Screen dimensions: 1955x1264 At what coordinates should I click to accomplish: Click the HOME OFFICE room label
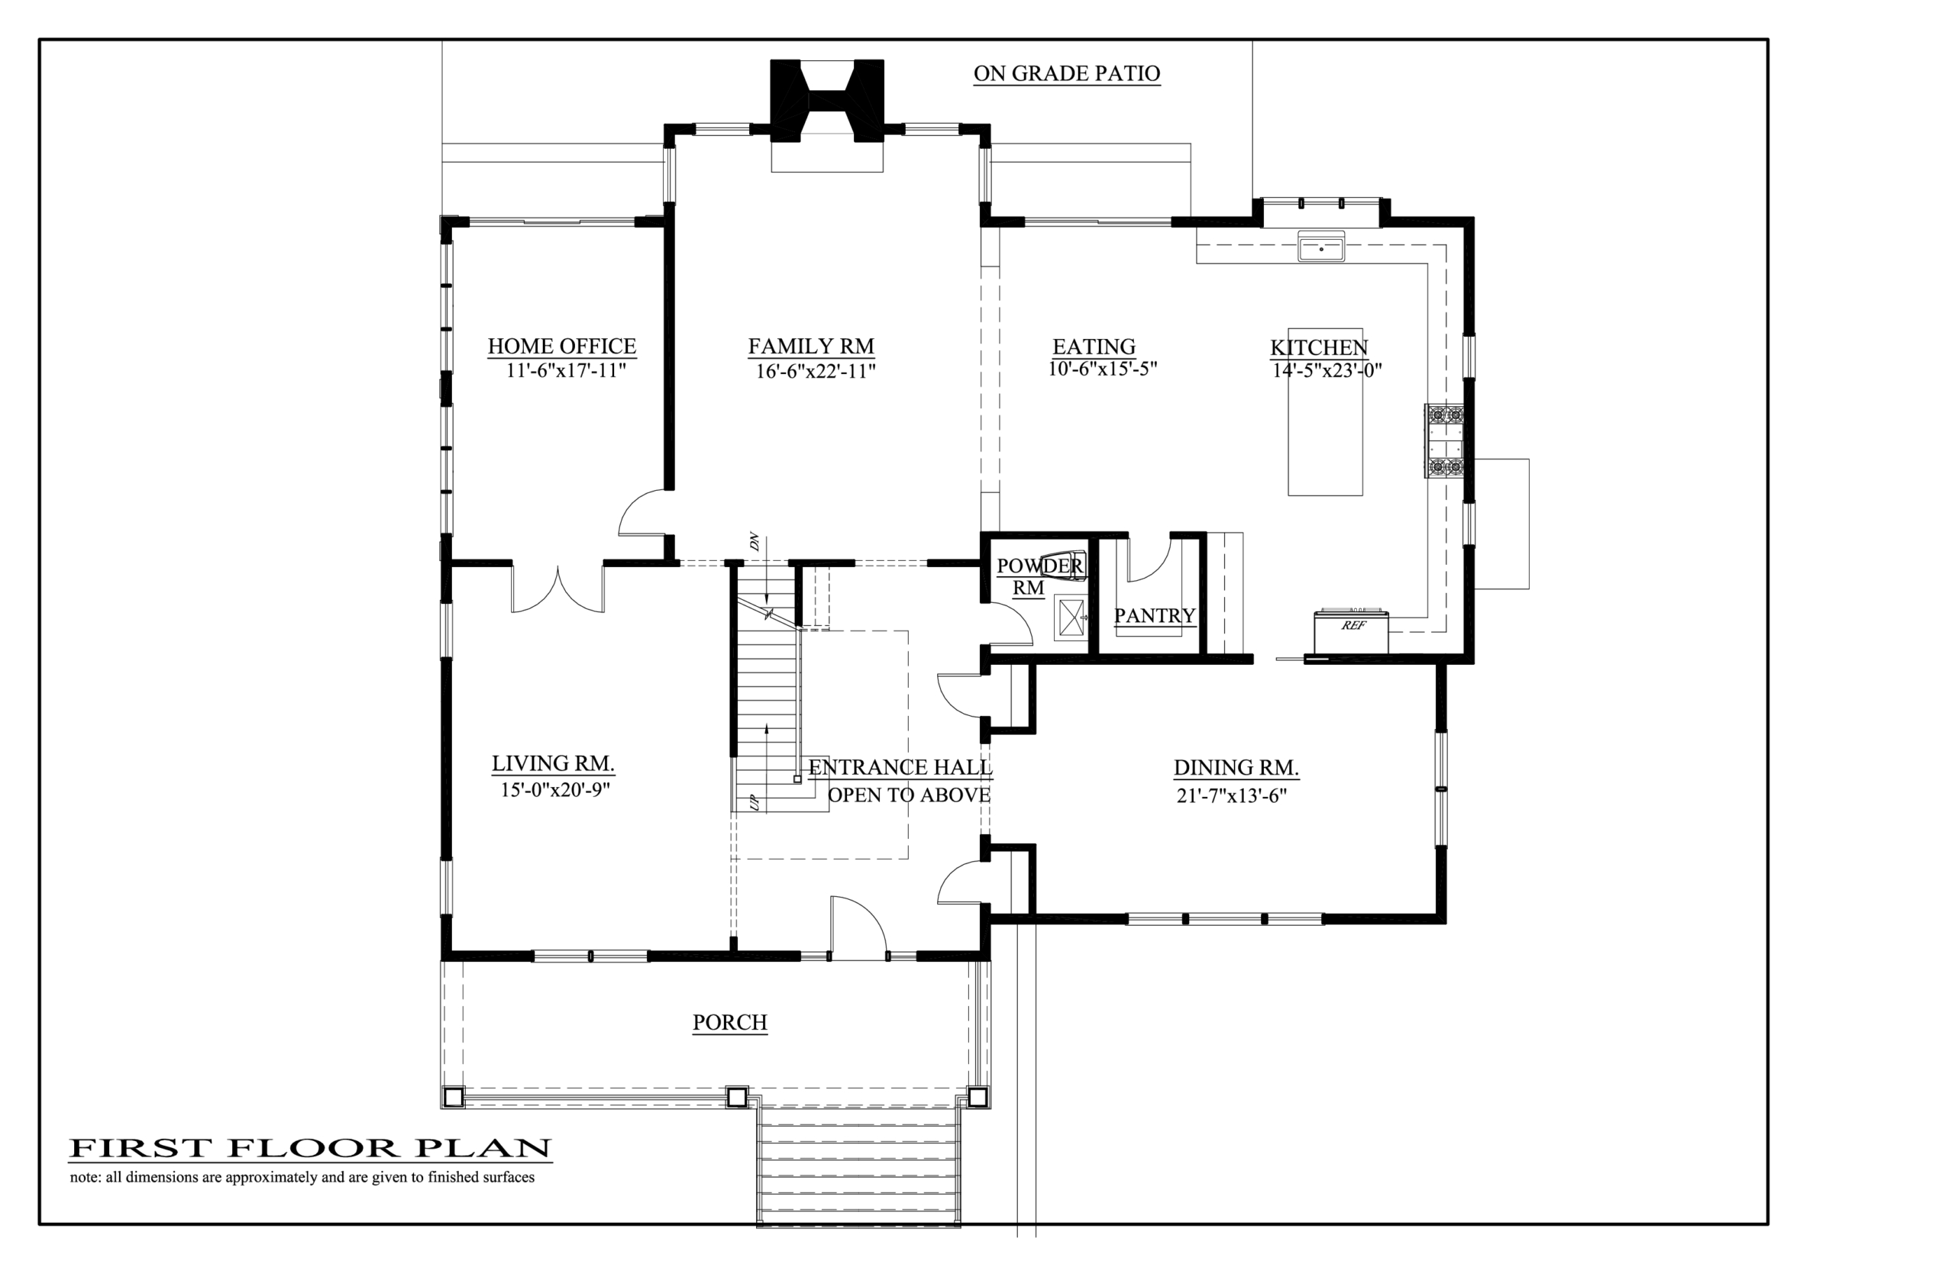pos(561,347)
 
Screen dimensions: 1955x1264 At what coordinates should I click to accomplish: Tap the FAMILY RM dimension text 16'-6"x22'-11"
pos(816,372)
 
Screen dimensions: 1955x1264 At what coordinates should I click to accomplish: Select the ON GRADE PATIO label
pos(1067,74)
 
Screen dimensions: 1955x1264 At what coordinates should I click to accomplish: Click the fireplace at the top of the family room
pos(827,101)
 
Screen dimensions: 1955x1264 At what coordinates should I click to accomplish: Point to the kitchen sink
pos(1320,247)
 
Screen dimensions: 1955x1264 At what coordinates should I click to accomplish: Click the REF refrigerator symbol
pos(1351,631)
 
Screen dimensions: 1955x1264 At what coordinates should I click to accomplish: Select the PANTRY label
pos(1155,615)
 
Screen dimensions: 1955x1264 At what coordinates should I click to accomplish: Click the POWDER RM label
pos(1039,576)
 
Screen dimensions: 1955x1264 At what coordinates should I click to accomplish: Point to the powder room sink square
pos(1071,617)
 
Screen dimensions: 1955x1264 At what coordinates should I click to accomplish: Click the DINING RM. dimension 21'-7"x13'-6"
pos(1232,795)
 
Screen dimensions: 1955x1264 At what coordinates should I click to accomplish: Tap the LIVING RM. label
pos(554,763)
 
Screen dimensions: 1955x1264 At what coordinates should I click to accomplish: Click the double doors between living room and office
pos(558,589)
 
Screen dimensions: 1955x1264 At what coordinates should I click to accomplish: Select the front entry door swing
pos(858,927)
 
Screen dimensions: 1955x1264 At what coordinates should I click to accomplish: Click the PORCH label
pos(730,1023)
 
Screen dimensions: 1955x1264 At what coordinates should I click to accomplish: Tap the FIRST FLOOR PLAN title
pos(310,1147)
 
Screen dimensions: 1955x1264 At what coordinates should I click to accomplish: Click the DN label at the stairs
pos(754,542)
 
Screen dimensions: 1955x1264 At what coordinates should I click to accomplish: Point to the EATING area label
pos(1094,347)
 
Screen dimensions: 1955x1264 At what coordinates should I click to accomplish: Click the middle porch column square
pos(736,1097)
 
